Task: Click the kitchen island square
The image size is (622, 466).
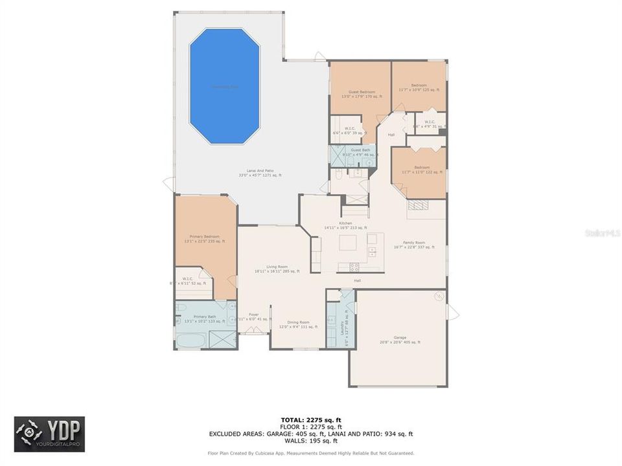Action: pyautogui.click(x=349, y=244)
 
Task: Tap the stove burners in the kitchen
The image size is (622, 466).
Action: pyautogui.click(x=354, y=266)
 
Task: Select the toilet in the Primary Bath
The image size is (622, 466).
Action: pyautogui.click(x=181, y=308)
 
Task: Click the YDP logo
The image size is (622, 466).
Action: pyautogui.click(x=49, y=434)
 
